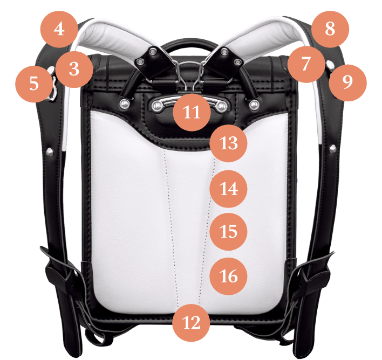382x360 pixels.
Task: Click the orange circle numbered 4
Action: (x=59, y=29)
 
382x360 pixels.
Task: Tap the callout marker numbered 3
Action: (x=74, y=69)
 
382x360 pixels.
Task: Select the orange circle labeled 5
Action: (x=34, y=84)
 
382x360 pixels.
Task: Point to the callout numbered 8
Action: (x=330, y=29)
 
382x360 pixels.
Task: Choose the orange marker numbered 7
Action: (x=306, y=64)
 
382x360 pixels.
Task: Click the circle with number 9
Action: (x=347, y=82)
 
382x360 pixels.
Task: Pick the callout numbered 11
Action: (x=192, y=112)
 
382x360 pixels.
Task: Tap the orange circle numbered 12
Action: (x=191, y=323)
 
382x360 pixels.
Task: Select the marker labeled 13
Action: (x=229, y=143)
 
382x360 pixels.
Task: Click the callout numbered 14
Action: (x=229, y=189)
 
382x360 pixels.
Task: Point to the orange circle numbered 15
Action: (x=229, y=232)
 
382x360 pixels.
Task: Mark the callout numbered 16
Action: (x=229, y=276)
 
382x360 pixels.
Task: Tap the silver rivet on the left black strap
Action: (x=50, y=152)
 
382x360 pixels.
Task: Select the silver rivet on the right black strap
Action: (x=332, y=148)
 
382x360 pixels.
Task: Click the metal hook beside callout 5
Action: (x=53, y=88)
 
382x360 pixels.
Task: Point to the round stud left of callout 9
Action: (x=330, y=65)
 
